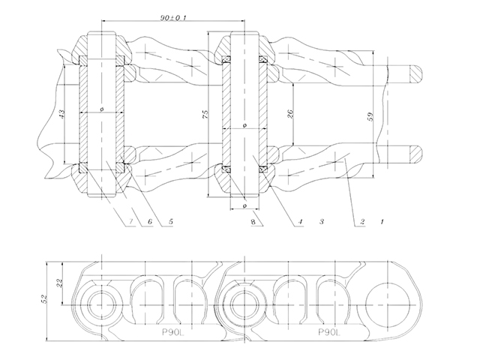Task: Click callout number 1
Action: coord(384,222)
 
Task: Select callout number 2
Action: coord(361,222)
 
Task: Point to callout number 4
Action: coord(300,222)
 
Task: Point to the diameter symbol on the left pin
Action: coord(101,113)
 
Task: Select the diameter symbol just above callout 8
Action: coord(245,203)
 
